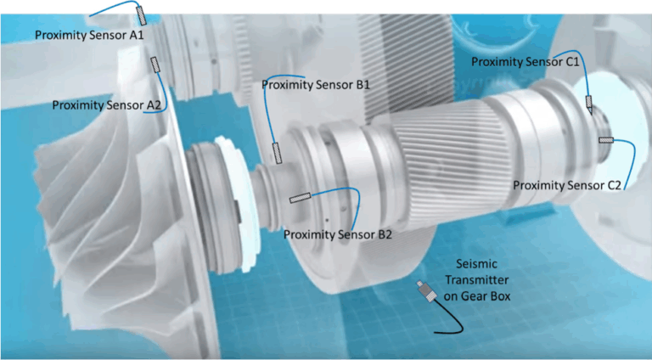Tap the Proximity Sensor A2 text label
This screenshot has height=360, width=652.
click(x=106, y=105)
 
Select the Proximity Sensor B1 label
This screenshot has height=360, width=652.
click(x=316, y=85)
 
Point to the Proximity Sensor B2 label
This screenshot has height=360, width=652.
click(x=337, y=234)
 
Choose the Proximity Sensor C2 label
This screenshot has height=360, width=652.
click(x=568, y=184)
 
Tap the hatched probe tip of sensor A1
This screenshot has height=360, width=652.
click(x=140, y=14)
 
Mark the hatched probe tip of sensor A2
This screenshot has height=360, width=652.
click(x=155, y=65)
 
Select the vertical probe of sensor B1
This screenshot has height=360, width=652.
click(x=276, y=154)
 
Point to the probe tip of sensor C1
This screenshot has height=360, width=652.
click(x=589, y=104)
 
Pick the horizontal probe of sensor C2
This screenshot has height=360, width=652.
click(x=606, y=140)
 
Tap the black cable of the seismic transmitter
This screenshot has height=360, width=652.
click(x=450, y=326)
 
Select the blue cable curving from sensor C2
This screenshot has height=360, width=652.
click(x=630, y=157)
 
